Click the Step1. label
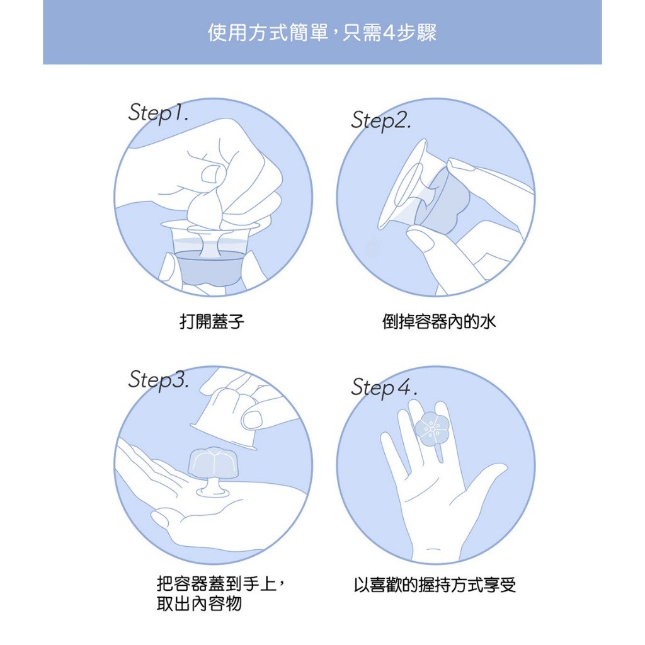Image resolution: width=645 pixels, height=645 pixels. click(x=158, y=113)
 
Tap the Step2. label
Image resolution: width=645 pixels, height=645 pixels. click(x=380, y=120)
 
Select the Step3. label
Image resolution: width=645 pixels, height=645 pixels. click(x=158, y=379)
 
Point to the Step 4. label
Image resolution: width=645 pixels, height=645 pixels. click(x=384, y=387)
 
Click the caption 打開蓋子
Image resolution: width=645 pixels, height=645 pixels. click(x=212, y=321)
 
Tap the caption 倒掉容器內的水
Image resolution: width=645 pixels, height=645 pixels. click(x=439, y=321)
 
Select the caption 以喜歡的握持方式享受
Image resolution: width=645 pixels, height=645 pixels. click(x=435, y=585)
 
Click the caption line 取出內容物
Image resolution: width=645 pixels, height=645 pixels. click(x=198, y=604)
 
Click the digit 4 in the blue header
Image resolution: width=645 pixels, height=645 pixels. click(x=388, y=33)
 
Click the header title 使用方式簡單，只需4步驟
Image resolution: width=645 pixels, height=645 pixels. click(x=322, y=33)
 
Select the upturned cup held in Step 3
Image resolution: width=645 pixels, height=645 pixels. click(x=225, y=418)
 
